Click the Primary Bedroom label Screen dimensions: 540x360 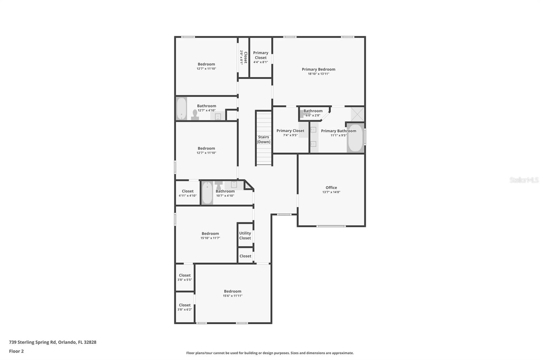[318, 69]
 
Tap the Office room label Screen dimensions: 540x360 [331, 187]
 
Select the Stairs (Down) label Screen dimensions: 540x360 [264, 139]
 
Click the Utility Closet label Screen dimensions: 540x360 [245, 235]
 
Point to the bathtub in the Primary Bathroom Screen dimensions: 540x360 [355, 138]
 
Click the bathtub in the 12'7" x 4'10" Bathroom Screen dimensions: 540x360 [181, 109]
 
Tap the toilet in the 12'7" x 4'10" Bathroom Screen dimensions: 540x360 [195, 115]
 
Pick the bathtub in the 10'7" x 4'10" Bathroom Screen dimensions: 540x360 [207, 193]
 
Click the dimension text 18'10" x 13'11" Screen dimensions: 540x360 [318, 74]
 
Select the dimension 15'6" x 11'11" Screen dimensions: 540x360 [233, 296]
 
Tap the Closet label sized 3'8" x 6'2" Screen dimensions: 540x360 [185, 305]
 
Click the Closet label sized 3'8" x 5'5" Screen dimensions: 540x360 [185, 275]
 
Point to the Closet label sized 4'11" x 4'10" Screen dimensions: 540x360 [188, 191]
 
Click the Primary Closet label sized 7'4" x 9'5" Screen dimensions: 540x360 [290, 131]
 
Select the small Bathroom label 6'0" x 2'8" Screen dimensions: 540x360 [313, 111]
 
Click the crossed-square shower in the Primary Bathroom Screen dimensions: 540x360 [357, 114]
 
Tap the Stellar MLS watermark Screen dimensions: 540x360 [524, 180]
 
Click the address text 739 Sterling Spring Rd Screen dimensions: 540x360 [53, 342]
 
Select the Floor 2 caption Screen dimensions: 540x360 [16, 351]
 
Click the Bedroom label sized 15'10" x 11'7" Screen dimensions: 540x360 [210, 233]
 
